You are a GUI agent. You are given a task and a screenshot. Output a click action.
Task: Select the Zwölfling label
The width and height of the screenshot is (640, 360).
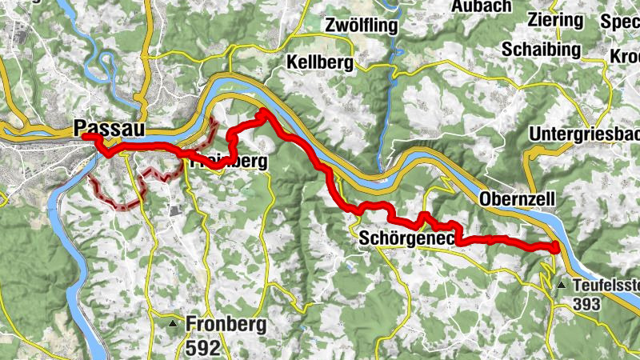coord(362,26)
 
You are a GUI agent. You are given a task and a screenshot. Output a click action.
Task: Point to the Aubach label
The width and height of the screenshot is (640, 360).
coord(458,6)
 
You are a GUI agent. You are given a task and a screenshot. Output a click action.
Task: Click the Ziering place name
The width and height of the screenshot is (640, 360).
coord(555,19)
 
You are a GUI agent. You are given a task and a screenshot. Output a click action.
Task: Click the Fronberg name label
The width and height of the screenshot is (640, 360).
coord(226,324)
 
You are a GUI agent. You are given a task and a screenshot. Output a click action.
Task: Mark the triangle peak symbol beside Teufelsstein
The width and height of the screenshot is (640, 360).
coord(562,284)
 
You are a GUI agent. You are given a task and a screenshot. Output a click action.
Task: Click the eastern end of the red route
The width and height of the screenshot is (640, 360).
coord(556,246)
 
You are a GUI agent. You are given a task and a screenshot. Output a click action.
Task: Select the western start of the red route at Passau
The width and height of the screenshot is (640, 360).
coord(85,138)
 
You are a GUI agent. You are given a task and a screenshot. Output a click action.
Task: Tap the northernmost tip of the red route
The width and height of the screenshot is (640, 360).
coord(262,112)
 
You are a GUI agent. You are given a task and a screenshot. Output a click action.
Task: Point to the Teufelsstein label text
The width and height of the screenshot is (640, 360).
coord(605,285)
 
